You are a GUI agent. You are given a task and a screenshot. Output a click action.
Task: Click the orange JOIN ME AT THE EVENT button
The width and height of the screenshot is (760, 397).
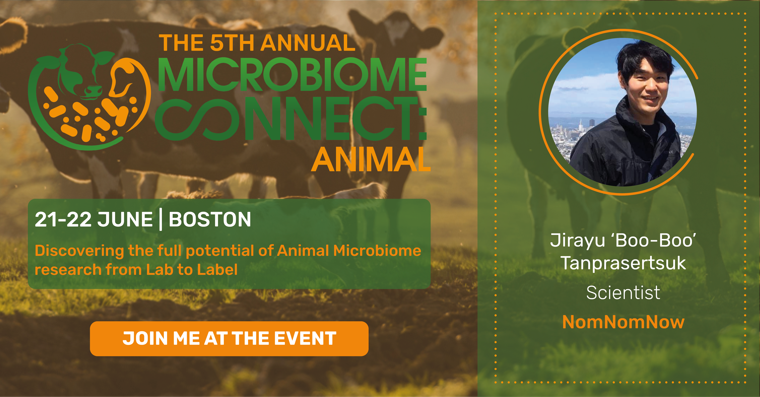(229, 339)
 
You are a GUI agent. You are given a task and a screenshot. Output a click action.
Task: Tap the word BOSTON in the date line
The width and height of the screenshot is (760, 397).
(210, 219)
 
